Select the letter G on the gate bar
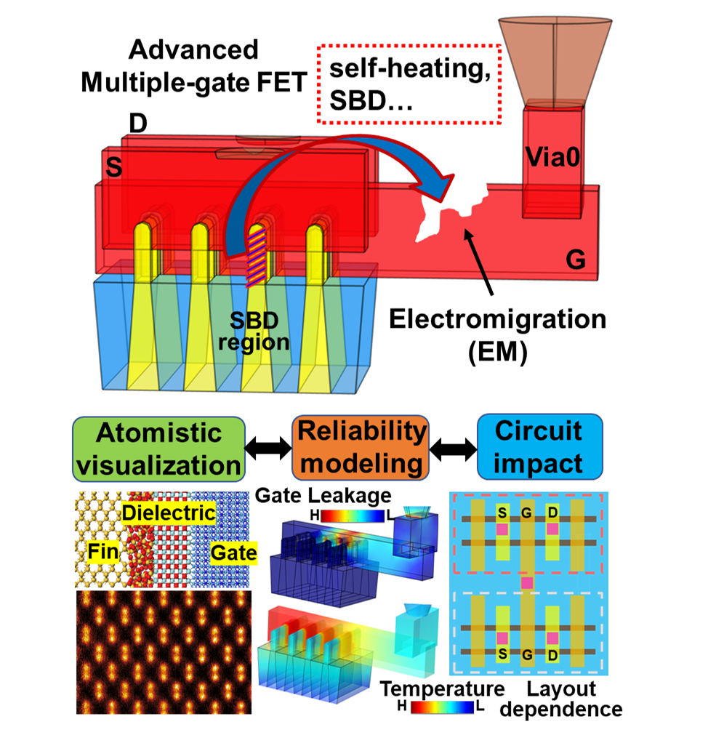pyautogui.click(x=576, y=261)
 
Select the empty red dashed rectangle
pyautogui.click(x=410, y=83)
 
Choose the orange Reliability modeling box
pyautogui.click(x=361, y=447)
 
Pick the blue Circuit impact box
pyautogui.click(x=539, y=447)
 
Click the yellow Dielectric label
pyautogui.click(x=169, y=513)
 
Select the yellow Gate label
pyautogui.click(x=233, y=553)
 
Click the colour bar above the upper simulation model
pyautogui.click(x=352, y=515)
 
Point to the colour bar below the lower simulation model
pyautogui.click(x=442, y=707)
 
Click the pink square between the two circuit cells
pyautogui.click(x=527, y=583)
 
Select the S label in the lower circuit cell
pyautogui.click(x=502, y=655)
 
